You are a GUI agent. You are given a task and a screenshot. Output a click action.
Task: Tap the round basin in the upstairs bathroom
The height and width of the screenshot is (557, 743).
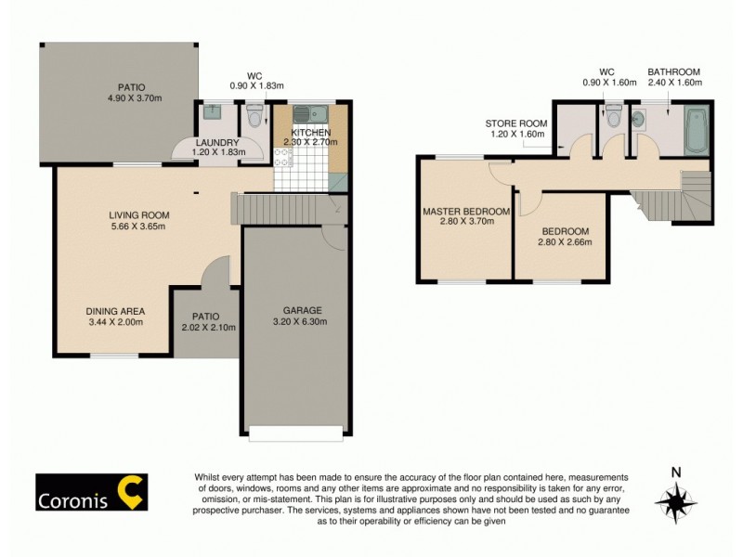coord(641,119)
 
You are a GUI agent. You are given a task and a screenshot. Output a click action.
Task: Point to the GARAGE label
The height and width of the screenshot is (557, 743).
coord(303,310)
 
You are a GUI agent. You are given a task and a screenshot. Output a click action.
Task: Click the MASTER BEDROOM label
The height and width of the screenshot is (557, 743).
coord(465,212)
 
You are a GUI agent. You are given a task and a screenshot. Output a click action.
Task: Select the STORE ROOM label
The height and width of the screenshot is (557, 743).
coord(515,123)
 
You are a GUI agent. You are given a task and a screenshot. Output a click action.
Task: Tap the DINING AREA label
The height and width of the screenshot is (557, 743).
coord(115,312)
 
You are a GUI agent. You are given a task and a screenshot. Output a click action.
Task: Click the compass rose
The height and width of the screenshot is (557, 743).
coord(675,501)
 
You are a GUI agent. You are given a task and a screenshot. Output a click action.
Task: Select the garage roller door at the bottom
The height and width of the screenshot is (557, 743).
coord(294,431)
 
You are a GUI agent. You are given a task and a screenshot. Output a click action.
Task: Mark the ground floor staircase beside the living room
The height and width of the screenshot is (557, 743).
coord(279,209)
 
